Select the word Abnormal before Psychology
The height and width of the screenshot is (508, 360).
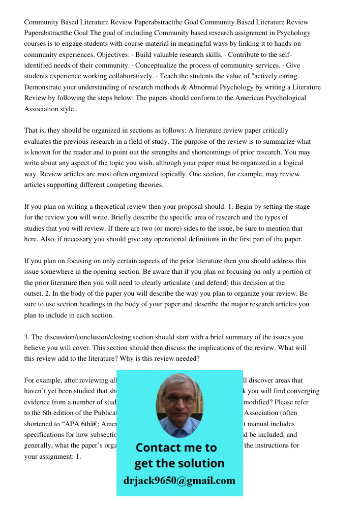point(205,87)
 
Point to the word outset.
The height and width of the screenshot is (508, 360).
point(34,294)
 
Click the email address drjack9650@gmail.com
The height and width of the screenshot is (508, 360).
point(179,481)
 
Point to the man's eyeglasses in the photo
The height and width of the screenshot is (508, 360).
point(179,399)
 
